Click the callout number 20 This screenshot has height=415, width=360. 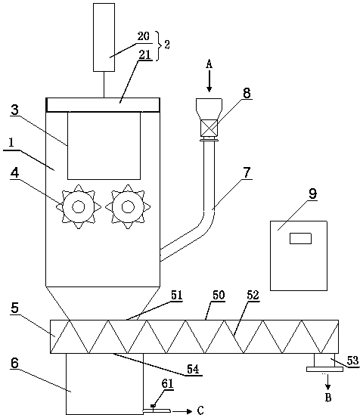[x=144, y=36]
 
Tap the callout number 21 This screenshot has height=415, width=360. [x=144, y=54]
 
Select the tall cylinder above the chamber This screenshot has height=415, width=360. [x=104, y=37]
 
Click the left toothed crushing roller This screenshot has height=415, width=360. [x=79, y=206]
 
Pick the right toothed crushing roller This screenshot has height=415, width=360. [x=128, y=206]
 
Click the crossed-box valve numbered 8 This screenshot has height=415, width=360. [x=209, y=128]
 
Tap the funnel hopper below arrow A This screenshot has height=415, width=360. [x=209, y=109]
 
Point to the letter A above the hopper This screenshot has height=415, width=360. [x=209, y=63]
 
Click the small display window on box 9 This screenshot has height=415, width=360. [x=300, y=238]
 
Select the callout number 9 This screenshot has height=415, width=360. [x=313, y=194]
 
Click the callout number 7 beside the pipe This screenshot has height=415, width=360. [x=247, y=172]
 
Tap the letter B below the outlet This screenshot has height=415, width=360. [x=328, y=398]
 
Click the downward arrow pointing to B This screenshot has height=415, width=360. [x=328, y=382]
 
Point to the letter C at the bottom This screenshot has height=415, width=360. [x=200, y=410]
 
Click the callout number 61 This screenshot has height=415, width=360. [x=167, y=383]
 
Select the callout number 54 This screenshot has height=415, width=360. [x=193, y=369]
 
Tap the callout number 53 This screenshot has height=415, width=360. [x=352, y=361]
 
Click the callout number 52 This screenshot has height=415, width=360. [x=253, y=295]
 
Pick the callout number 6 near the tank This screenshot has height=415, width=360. [x=15, y=363]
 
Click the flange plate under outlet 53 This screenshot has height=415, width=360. [x=324, y=369]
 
